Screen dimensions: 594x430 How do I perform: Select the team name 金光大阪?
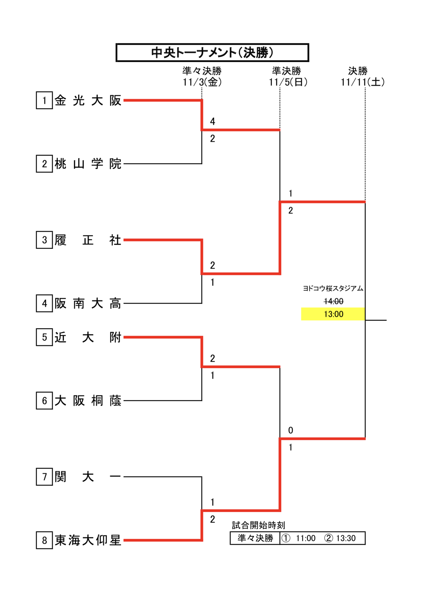[88, 100]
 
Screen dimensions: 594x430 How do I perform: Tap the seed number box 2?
[44, 164]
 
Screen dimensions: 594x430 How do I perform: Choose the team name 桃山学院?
[88, 164]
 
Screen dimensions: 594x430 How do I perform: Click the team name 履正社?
[88, 240]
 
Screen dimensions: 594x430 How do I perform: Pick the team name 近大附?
[88, 337]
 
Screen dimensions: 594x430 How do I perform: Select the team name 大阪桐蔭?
[88, 401]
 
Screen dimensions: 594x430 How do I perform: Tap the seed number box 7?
[44, 477]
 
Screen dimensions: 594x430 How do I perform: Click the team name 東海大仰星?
[88, 540]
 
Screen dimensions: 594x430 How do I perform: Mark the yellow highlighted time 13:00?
[333, 314]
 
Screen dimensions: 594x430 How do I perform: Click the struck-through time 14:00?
[333, 301]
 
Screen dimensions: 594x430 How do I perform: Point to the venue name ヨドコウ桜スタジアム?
[333, 288]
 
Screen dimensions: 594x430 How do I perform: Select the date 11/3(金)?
[202, 82]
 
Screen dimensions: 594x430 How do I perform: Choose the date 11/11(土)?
[362, 82]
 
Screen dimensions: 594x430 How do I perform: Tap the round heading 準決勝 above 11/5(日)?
[286, 71]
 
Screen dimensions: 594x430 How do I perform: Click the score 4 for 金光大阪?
[212, 121]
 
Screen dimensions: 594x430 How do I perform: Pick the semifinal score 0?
[290, 430]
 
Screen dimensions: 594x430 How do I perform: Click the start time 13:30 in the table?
[346, 538]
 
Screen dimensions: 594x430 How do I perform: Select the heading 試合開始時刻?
[258, 525]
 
